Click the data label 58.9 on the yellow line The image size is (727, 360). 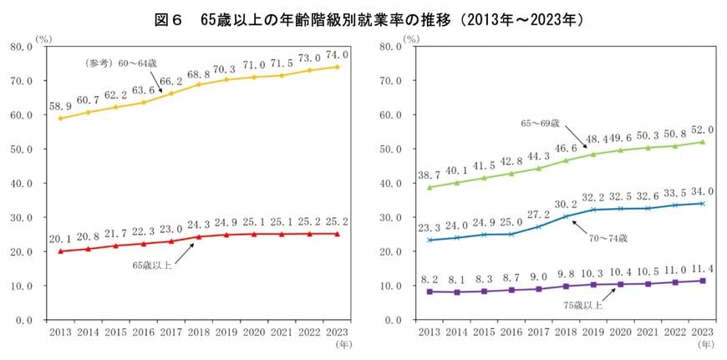(60, 106)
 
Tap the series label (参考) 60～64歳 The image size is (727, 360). (129, 63)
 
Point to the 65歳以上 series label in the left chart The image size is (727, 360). (154, 266)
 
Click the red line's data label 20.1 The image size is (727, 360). (60, 239)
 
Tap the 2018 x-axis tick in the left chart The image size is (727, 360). (198, 332)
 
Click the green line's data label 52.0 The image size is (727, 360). (704, 129)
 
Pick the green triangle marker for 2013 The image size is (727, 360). (430, 187)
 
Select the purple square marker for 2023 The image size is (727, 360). (703, 281)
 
